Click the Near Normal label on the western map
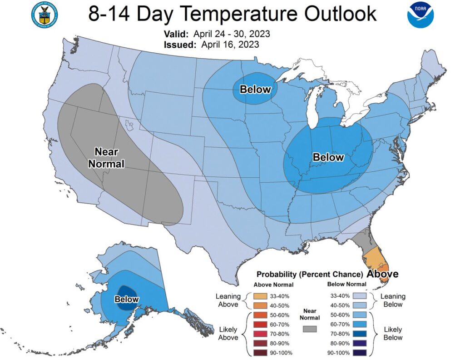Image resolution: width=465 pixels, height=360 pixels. click(106, 157)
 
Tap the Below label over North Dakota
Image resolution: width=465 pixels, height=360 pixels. click(255, 90)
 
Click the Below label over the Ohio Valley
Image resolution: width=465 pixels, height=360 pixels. click(328, 157)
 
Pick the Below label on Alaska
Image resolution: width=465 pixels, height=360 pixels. click(127, 299)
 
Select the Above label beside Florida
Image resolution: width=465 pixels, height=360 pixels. click(382, 274)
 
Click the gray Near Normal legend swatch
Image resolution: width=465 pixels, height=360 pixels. click(310, 329)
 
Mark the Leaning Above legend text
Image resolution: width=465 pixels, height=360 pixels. click(228, 300)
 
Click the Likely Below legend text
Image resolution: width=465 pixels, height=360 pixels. click(393, 333)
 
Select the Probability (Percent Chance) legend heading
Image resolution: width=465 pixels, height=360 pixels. click(309, 275)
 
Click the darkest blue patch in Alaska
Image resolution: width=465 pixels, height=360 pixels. click(127, 291)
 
